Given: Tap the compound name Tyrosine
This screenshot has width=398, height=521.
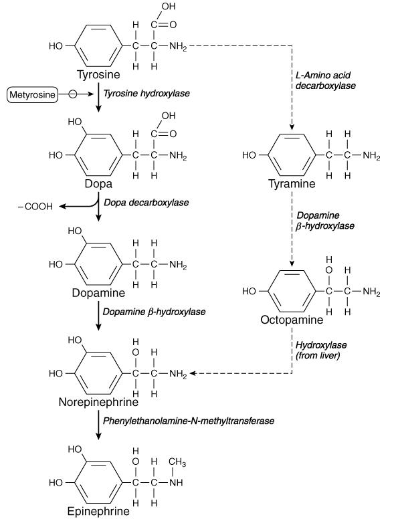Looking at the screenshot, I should click(x=98, y=74).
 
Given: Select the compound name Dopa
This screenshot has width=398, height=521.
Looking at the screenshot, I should click(x=98, y=183).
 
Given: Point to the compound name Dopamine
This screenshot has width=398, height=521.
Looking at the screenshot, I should click(x=98, y=293).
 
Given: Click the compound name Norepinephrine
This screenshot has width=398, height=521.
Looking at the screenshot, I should click(x=98, y=403).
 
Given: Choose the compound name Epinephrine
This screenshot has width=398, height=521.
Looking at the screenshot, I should click(x=98, y=512).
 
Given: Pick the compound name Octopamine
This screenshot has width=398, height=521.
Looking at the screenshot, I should click(x=292, y=320).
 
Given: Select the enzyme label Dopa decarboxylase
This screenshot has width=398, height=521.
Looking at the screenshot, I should click(x=145, y=202).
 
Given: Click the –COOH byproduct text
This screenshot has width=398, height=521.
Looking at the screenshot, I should click(x=35, y=207).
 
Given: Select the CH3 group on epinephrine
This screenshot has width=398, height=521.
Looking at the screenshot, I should click(x=177, y=463).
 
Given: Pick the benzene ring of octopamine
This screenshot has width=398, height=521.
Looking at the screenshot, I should click(x=292, y=292).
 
